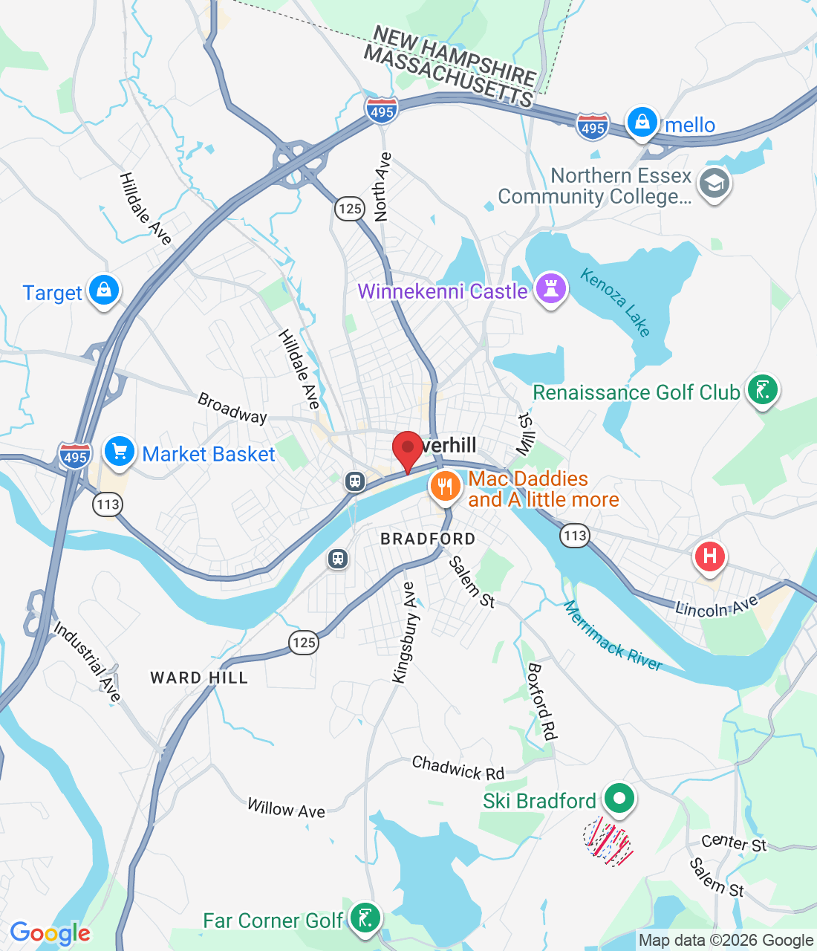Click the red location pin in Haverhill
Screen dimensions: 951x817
click(x=407, y=449)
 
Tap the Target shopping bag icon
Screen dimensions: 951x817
click(x=104, y=291)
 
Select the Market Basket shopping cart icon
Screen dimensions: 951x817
click(x=119, y=451)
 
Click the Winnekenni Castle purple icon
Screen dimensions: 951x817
click(x=550, y=289)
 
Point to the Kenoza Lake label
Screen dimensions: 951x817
click(x=616, y=302)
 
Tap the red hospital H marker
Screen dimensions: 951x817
click(x=709, y=556)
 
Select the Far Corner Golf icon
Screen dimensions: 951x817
click(x=365, y=918)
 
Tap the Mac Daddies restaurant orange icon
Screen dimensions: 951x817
click(x=445, y=487)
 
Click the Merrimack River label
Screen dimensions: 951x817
click(x=613, y=636)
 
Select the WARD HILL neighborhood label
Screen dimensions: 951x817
click(x=198, y=678)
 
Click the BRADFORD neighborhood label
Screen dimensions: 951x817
click(x=428, y=539)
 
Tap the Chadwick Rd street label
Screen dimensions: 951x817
click(x=458, y=768)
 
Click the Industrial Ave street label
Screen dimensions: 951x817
click(x=87, y=661)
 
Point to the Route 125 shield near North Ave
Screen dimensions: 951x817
click(x=350, y=209)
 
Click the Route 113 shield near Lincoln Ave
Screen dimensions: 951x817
click(x=575, y=536)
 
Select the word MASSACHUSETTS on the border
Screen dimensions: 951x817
click(x=449, y=77)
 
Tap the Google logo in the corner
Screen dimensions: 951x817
click(x=50, y=933)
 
